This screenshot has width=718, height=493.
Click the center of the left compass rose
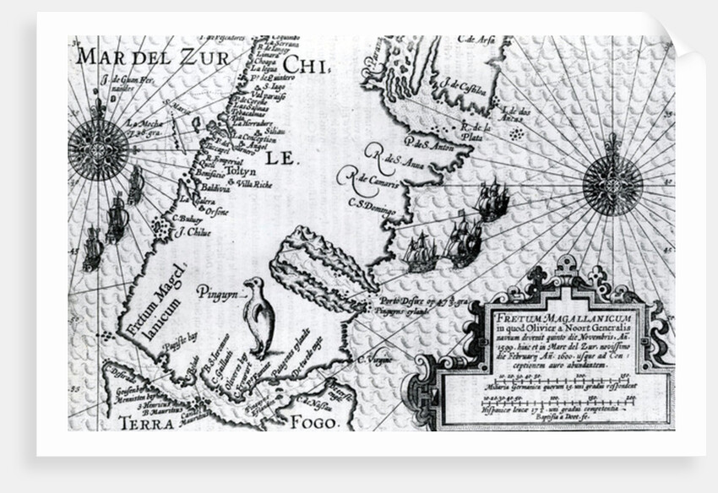point(98,149)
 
